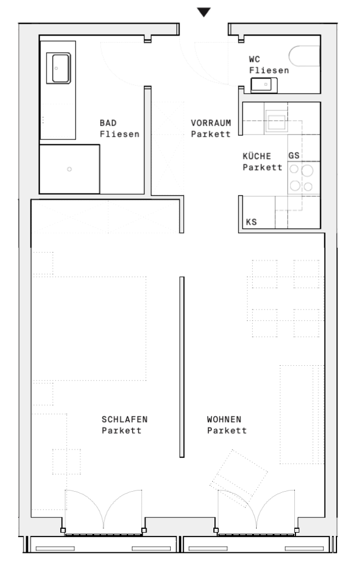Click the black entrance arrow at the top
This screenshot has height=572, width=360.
(x=204, y=12)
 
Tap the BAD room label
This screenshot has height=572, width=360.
(x=108, y=123)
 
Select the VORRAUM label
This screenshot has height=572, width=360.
(x=211, y=123)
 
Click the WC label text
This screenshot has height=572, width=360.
(x=254, y=59)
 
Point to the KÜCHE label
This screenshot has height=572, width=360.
(x=257, y=156)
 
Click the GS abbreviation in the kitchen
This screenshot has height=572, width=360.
(x=294, y=156)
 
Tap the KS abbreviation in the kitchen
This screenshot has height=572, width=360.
(x=251, y=222)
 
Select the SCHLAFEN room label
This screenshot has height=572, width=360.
(x=125, y=419)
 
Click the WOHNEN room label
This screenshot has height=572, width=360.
(x=224, y=419)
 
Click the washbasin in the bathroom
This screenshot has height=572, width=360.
(x=59, y=68)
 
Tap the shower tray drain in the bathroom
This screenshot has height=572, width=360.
(x=69, y=169)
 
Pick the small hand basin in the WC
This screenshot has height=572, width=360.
(x=264, y=85)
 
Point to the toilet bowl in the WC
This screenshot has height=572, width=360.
(x=305, y=56)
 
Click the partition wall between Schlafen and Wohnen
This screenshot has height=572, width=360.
(x=182, y=367)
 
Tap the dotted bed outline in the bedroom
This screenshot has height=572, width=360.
(x=89, y=328)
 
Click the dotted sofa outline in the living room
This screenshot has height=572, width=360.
(x=302, y=415)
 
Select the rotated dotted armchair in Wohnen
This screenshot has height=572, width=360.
(x=239, y=478)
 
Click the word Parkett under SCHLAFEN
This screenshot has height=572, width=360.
(x=121, y=430)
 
